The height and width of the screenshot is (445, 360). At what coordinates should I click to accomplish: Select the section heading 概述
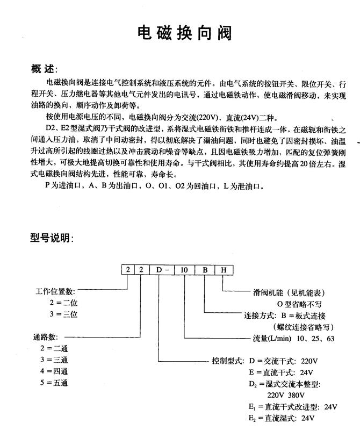[x=44, y=69]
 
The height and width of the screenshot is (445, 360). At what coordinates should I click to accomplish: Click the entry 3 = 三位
[x=63, y=314]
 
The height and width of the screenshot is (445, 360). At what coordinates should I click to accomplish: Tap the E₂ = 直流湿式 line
[x=280, y=418]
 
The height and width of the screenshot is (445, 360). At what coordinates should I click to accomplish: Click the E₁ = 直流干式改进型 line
[x=292, y=406]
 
